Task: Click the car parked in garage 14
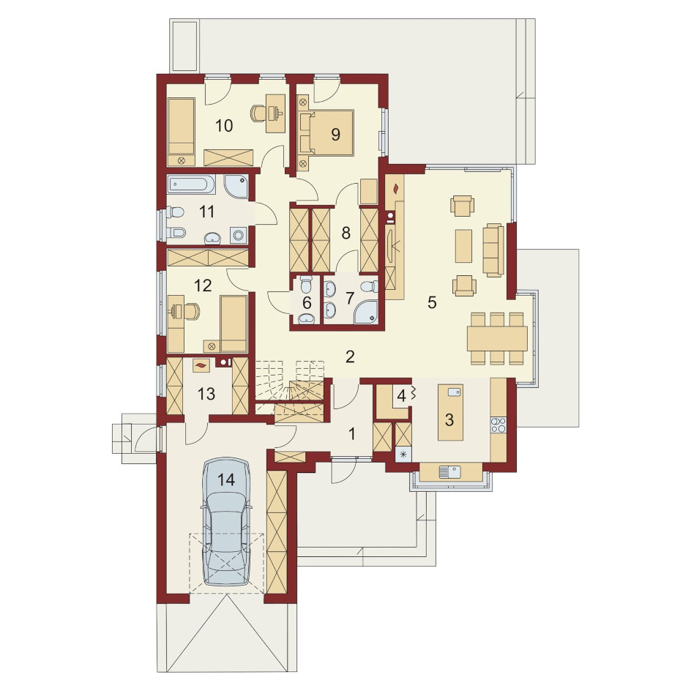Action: (225, 522)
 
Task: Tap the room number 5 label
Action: (432, 303)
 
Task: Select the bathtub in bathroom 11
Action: (191, 184)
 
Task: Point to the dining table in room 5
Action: (498, 338)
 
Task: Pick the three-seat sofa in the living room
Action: (493, 250)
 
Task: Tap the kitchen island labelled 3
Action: (450, 412)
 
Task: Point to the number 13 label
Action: (206, 394)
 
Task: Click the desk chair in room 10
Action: (257, 113)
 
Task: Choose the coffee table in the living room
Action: (463, 246)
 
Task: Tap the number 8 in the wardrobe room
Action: (346, 233)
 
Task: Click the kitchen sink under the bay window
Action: (449, 472)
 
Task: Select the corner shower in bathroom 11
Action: (236, 187)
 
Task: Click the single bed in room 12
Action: (233, 324)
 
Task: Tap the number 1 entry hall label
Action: (351, 434)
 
